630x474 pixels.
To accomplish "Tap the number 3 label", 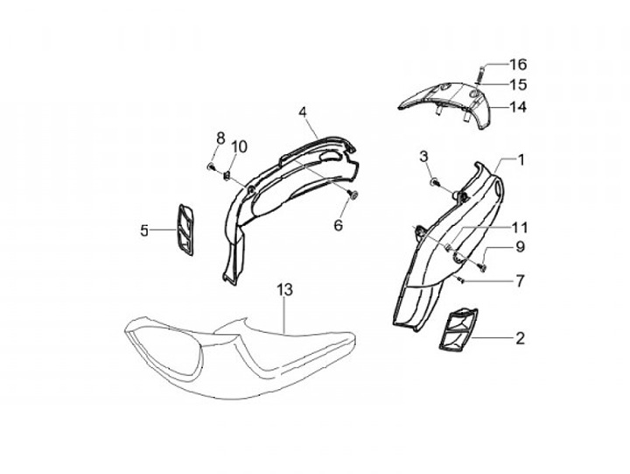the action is tap(423, 156).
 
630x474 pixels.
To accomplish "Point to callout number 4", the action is tap(302, 113).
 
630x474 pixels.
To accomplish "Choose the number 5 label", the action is tap(144, 230).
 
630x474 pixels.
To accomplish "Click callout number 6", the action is tap(339, 225).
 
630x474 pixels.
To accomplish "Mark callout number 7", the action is tap(520, 281).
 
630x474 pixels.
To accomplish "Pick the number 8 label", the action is tap(220, 138).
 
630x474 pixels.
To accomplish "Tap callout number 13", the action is tap(283, 290).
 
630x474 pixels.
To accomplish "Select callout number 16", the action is tap(518, 65).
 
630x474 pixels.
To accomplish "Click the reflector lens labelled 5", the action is tap(185, 230).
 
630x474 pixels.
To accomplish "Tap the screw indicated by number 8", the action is tap(213, 165).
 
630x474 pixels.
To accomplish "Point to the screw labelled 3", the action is tap(434, 181).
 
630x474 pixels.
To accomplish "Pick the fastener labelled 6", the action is tap(353, 195).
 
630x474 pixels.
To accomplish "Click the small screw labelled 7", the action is tap(460, 279).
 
